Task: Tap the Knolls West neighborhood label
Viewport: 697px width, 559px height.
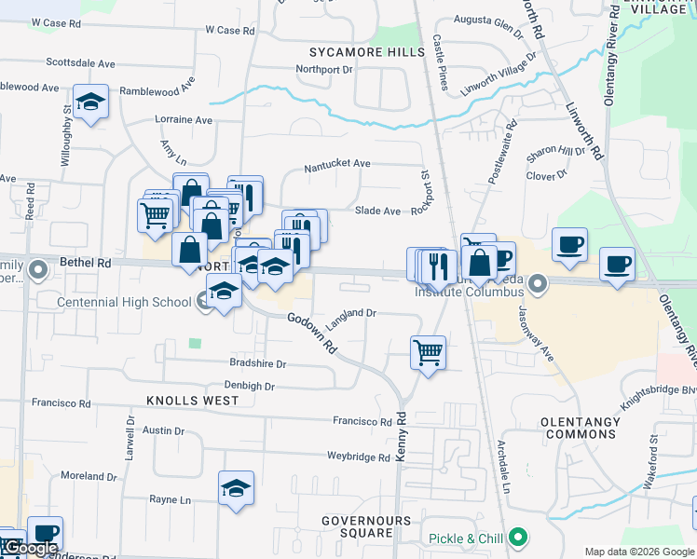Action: click(x=192, y=401)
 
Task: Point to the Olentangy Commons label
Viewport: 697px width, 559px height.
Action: click(x=580, y=429)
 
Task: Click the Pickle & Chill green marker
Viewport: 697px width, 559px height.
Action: click(x=520, y=538)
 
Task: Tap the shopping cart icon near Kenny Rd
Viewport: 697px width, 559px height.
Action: click(x=428, y=353)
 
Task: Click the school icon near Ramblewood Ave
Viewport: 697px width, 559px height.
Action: click(x=90, y=102)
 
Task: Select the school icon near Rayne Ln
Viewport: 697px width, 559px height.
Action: click(x=236, y=488)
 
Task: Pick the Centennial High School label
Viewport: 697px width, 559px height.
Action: click(x=124, y=302)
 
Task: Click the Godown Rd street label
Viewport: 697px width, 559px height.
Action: click(x=312, y=333)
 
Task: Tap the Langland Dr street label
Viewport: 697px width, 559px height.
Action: click(x=350, y=314)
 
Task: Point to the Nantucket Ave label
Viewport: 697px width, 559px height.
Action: click(x=337, y=164)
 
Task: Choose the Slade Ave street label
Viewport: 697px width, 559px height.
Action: click(x=377, y=211)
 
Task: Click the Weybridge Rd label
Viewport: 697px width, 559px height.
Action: click(x=358, y=457)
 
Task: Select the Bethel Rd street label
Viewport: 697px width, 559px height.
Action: click(x=85, y=264)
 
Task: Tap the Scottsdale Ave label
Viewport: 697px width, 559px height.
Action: click(x=80, y=64)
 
